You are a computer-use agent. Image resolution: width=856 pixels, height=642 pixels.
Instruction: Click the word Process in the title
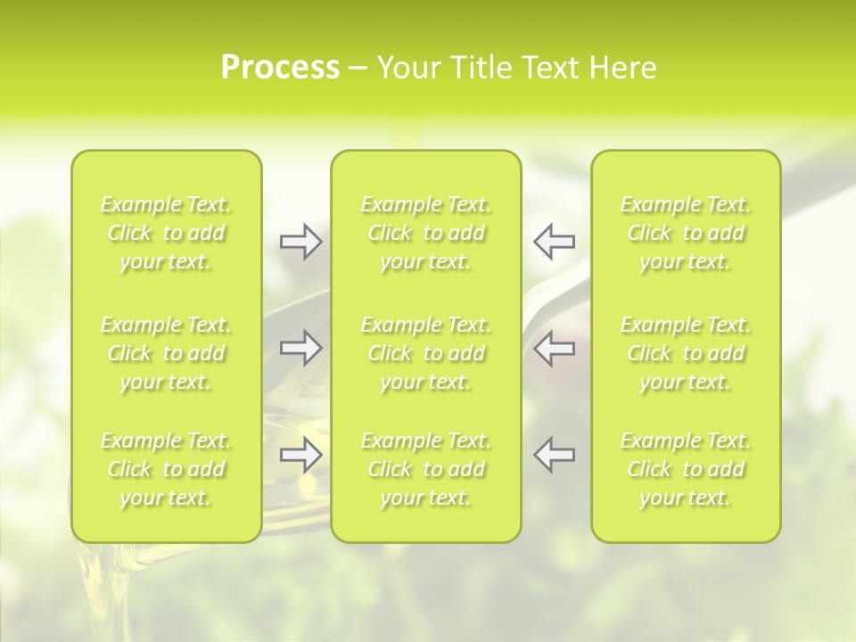pyautogui.click(x=280, y=68)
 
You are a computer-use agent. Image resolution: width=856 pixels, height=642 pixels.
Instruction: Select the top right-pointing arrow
pyautogui.click(x=300, y=241)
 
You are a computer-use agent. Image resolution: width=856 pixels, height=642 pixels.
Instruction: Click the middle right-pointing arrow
pyautogui.click(x=300, y=348)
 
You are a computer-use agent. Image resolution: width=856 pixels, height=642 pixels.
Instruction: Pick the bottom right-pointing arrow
pyautogui.click(x=300, y=455)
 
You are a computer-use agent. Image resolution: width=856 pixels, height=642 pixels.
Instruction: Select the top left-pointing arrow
pyautogui.click(x=554, y=241)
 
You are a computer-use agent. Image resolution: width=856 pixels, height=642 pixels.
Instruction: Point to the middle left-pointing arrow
pyautogui.click(x=554, y=348)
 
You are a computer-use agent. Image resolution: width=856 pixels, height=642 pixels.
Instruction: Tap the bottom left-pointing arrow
pyautogui.click(x=554, y=455)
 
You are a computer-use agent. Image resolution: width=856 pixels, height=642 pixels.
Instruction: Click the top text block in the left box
pyautogui.click(x=166, y=233)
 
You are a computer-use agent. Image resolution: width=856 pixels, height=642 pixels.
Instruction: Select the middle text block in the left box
pyautogui.click(x=166, y=353)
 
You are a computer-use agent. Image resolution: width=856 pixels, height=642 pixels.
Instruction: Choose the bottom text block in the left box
pyautogui.click(x=166, y=469)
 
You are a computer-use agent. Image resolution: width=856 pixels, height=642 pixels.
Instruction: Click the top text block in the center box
pyautogui.click(x=426, y=233)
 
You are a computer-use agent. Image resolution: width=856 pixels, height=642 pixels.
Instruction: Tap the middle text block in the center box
pyautogui.click(x=426, y=353)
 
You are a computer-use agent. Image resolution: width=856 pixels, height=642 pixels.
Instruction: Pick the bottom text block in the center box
pyautogui.click(x=426, y=469)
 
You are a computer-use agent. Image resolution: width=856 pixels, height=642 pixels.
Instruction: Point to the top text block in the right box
pyautogui.click(x=686, y=233)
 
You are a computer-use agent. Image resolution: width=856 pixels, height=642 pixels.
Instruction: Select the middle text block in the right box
pyautogui.click(x=686, y=353)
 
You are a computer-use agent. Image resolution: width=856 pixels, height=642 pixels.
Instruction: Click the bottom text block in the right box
pyautogui.click(x=686, y=469)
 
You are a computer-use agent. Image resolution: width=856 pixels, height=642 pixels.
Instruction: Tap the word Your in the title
pyautogui.click(x=406, y=68)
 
